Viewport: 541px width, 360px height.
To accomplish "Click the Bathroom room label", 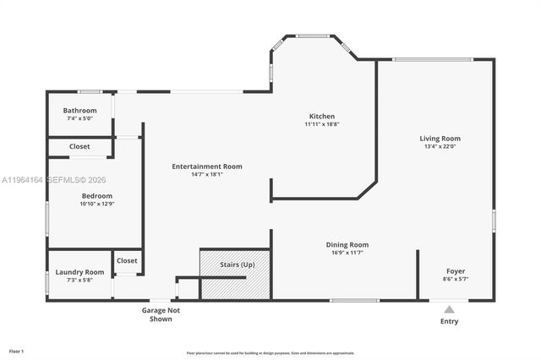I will pos(79,111).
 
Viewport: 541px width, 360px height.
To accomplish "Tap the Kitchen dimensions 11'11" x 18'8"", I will pos(321,124).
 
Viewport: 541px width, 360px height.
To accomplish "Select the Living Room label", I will pos(440,138).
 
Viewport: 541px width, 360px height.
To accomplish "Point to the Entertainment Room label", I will pos(207,166).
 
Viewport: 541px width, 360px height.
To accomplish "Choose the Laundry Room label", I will pos(79,272).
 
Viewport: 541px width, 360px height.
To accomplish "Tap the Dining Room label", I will pos(347,245).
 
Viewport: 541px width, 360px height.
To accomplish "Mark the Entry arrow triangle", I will pos(450,309).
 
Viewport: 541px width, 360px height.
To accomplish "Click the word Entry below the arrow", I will pos(450,322).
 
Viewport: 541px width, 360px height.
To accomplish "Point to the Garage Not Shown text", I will pos(161,314).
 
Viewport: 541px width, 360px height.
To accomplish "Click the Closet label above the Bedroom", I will pos(79,147).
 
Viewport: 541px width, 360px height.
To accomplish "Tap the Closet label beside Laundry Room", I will pos(127,260).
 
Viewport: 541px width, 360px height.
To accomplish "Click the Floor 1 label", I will pos(16,350).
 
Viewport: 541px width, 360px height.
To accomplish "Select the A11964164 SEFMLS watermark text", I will pos(53,180).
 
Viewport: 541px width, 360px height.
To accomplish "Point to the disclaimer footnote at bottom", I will pos(270,352).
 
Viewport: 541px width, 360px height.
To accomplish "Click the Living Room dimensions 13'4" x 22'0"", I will pos(440,146).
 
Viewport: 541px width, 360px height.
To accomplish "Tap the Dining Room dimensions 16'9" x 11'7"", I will pos(347,254).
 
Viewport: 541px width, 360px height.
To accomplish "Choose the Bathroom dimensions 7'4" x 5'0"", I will pos(79,119).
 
